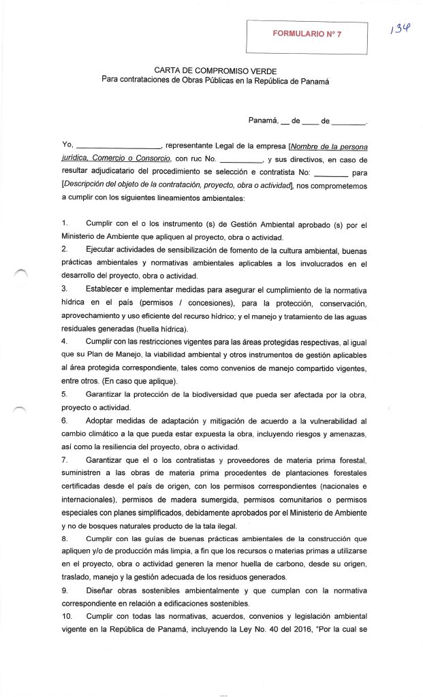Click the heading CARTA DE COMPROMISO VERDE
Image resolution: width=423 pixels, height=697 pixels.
click(x=215, y=71)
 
